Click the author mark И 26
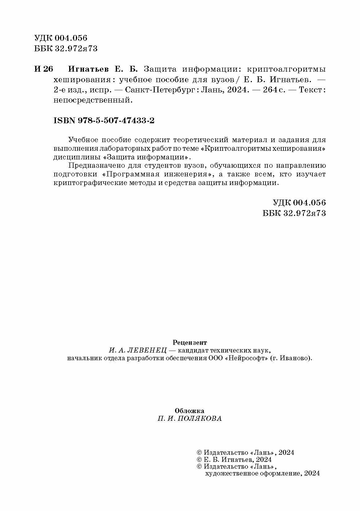coord(44,69)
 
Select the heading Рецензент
coord(190,342)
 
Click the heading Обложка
coord(189,411)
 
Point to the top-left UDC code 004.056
coord(71,38)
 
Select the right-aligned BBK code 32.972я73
coord(304,213)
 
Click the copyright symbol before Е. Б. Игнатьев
coord(199,459)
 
